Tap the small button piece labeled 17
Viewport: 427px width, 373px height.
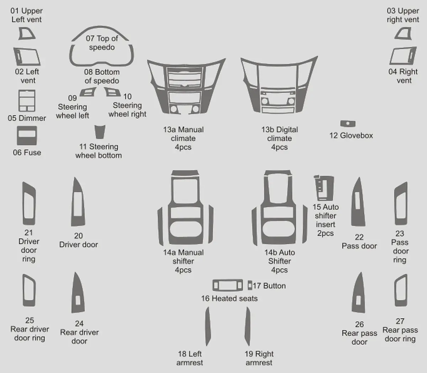coord(250,285)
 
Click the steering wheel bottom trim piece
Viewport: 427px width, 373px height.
coord(100,132)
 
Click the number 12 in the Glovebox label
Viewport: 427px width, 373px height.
coord(333,135)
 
